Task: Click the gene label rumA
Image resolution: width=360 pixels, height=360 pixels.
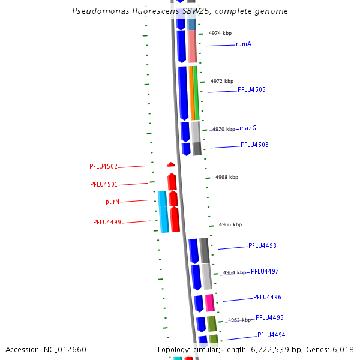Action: [x=244, y=44]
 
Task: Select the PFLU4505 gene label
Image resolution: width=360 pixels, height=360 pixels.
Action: [x=251, y=90]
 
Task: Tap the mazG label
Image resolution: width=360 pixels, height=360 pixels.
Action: [x=248, y=128]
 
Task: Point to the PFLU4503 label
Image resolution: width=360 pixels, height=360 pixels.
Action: [x=254, y=145]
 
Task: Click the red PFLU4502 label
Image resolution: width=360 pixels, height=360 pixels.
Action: [x=103, y=167]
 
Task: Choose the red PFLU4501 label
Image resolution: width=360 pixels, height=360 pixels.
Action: [x=104, y=185]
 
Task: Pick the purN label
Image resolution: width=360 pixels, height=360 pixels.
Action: [x=112, y=202]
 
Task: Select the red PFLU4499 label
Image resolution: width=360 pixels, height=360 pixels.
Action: [x=107, y=223]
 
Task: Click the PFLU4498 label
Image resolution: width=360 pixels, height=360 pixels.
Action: [x=262, y=246]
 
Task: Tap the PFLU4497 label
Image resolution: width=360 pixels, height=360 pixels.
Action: [x=265, y=272]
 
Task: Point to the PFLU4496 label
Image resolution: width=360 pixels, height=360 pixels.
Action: [x=267, y=298]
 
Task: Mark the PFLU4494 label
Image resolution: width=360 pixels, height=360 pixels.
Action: [x=271, y=335]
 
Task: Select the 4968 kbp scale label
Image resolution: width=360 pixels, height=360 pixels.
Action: [x=227, y=178]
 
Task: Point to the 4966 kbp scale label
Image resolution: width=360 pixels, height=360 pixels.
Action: [x=230, y=225]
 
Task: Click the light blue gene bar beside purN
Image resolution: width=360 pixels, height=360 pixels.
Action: [x=163, y=211]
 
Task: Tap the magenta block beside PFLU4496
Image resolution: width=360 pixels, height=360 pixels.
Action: [x=209, y=302]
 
